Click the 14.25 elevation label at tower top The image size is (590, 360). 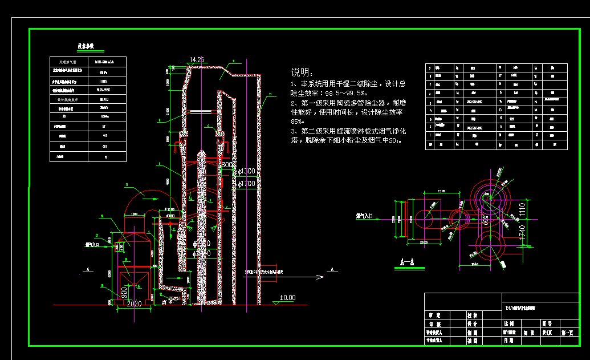coord(197,59)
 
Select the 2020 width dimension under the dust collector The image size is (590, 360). coord(133,304)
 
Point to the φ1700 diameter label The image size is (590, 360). coord(247,184)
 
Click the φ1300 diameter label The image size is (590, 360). coord(247,171)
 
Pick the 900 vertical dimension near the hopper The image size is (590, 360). coord(124,292)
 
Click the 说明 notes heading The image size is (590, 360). coord(302,72)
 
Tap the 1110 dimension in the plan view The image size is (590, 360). coord(522,211)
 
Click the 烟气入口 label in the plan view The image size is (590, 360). coord(364,216)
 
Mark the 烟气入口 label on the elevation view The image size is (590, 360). coord(92,244)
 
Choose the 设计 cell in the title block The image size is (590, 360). coord(473,323)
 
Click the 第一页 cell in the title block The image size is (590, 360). coord(567,331)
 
